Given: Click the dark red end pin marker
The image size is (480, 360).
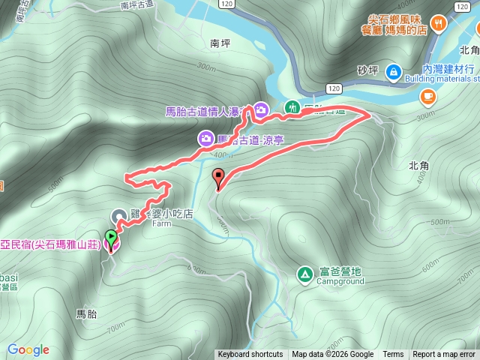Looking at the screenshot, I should point(219,178).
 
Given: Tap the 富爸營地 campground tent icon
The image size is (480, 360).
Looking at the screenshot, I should point(305,274).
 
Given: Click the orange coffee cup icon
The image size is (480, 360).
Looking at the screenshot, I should point(428,95).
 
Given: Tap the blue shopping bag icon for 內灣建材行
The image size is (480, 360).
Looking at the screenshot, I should point(393,71).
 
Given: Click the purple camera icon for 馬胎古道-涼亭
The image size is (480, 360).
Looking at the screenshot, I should point(205,138).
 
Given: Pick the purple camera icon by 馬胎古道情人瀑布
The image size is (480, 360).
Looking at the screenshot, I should point(261,109).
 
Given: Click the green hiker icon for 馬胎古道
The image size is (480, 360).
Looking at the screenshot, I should point(292,108).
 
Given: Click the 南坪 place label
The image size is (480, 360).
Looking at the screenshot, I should point(220,43).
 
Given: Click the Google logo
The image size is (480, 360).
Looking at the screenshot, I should point(28,349).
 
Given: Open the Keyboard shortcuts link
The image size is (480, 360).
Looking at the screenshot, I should point(250,355).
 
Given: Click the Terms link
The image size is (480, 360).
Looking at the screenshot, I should point(393,355).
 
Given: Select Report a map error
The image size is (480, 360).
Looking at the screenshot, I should point(444,355).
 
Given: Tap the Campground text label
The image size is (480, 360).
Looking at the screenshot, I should point(340,282).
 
